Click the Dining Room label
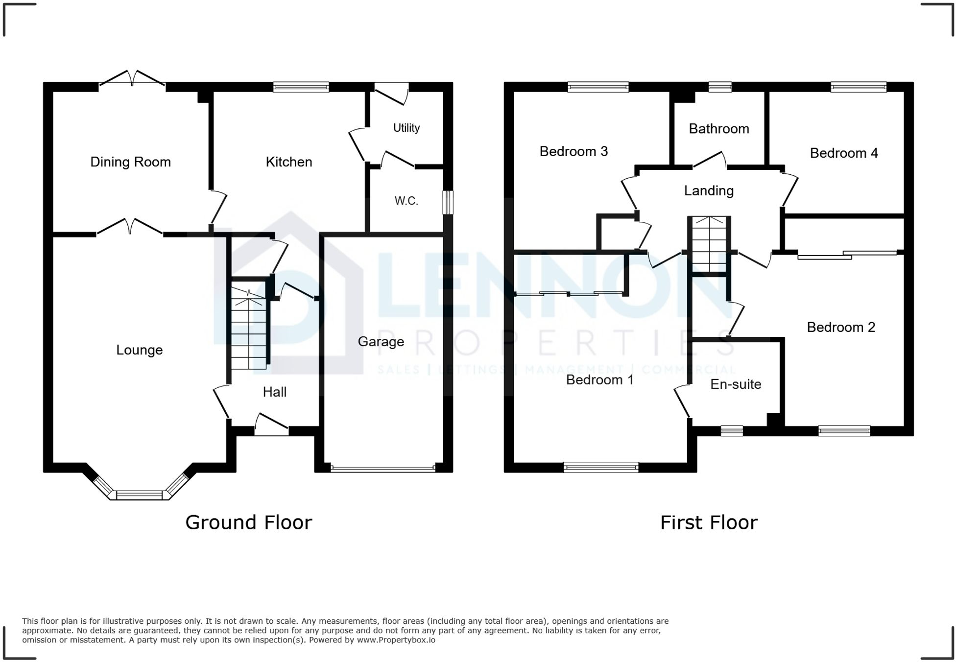point(130,162)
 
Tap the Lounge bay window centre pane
point(139,495)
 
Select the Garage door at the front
point(383,468)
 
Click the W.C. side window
point(448,202)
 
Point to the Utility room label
point(406,128)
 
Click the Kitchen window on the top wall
point(301,87)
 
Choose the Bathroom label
point(718,129)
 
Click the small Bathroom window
point(720,87)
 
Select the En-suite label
point(736,384)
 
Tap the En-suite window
point(732,431)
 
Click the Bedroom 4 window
point(858,87)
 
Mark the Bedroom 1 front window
point(601,467)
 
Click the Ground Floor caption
point(248,522)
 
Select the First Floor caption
point(708,522)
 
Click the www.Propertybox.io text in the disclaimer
point(396,640)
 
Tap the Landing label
point(708,191)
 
